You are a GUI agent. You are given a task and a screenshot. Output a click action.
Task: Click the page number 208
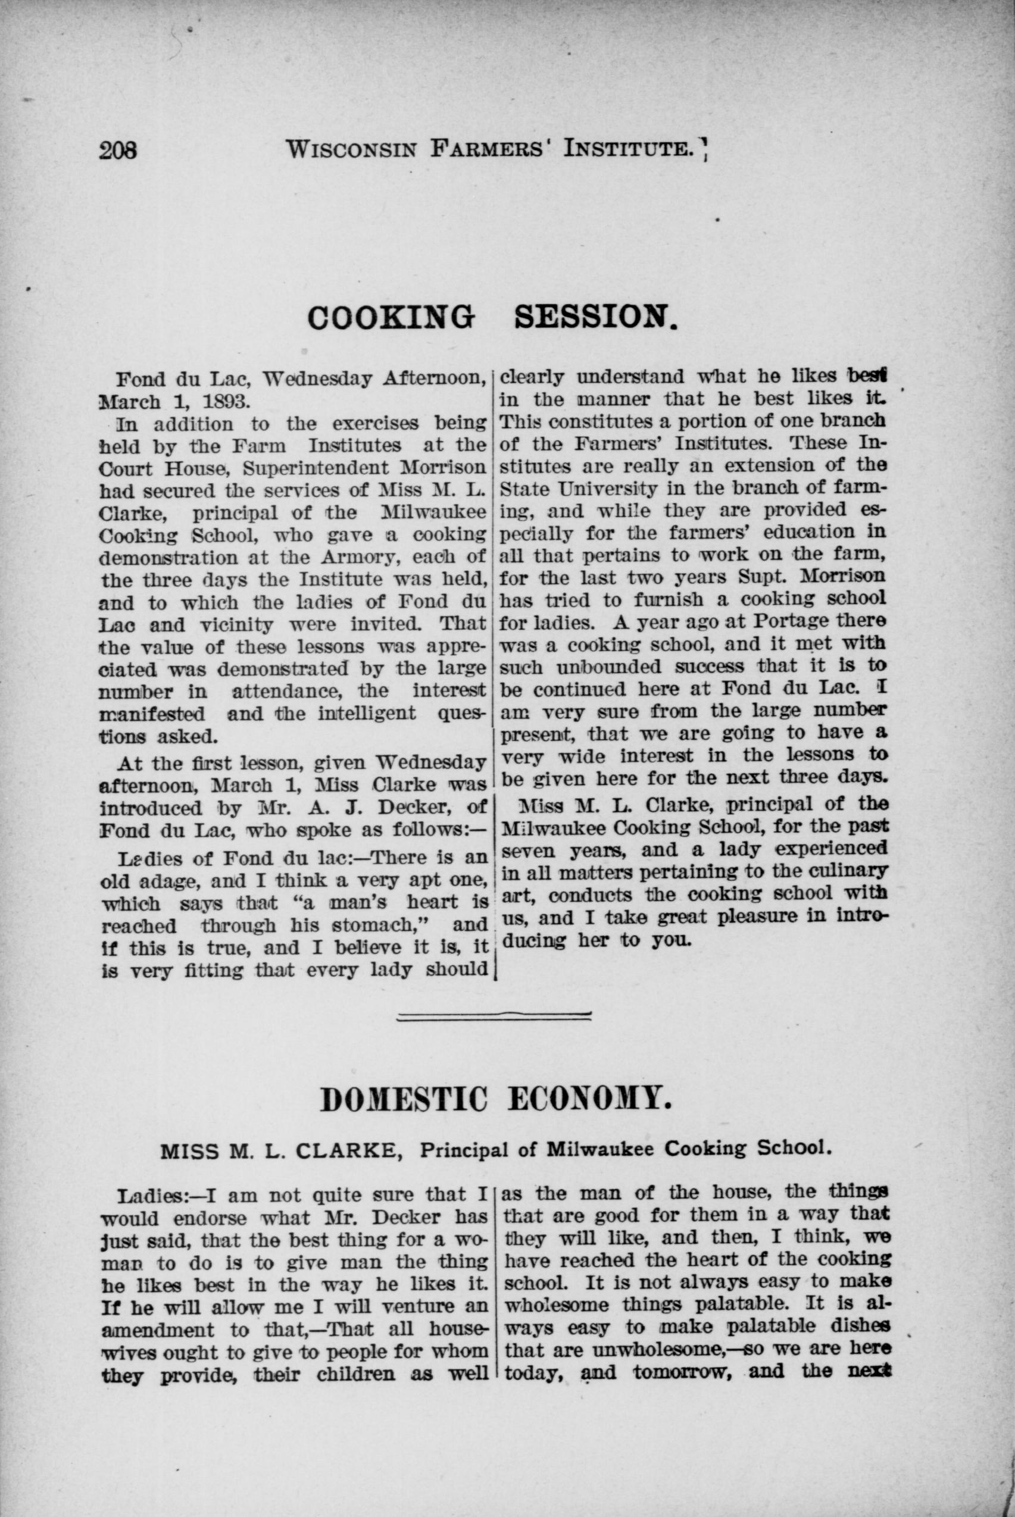[x=118, y=151]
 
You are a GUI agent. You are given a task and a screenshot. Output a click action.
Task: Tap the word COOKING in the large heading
[x=391, y=317]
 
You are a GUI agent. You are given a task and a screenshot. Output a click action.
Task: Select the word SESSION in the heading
[x=596, y=317]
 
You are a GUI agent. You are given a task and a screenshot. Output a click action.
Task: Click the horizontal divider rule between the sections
[x=494, y=1016]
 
